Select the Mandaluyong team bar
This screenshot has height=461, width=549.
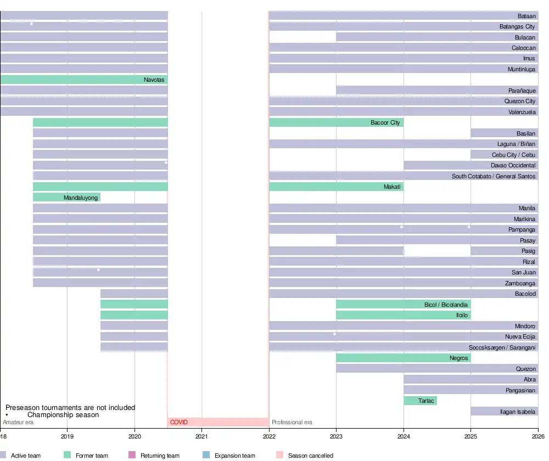[x=66, y=197]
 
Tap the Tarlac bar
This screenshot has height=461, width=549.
[x=420, y=401]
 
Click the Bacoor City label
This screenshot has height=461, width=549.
[x=385, y=122]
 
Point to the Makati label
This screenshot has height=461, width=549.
[x=393, y=187]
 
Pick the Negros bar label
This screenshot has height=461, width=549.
[x=458, y=358]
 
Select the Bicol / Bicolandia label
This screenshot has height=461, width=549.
[x=446, y=305]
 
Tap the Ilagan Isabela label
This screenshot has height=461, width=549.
[x=519, y=411]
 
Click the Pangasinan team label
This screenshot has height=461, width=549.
[x=520, y=390]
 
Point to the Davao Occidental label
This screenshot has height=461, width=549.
[x=513, y=165]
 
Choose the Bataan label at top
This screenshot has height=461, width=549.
[x=526, y=16]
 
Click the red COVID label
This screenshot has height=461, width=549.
[x=178, y=422]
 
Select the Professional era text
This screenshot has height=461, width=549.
[x=292, y=422]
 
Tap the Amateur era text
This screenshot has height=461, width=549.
[x=18, y=422]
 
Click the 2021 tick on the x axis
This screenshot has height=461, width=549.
[x=202, y=436]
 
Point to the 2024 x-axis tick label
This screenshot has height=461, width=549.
[x=404, y=436]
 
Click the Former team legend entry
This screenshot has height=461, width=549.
[x=92, y=456]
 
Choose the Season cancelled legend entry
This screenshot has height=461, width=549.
[x=310, y=456]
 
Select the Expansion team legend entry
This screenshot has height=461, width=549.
[x=234, y=456]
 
